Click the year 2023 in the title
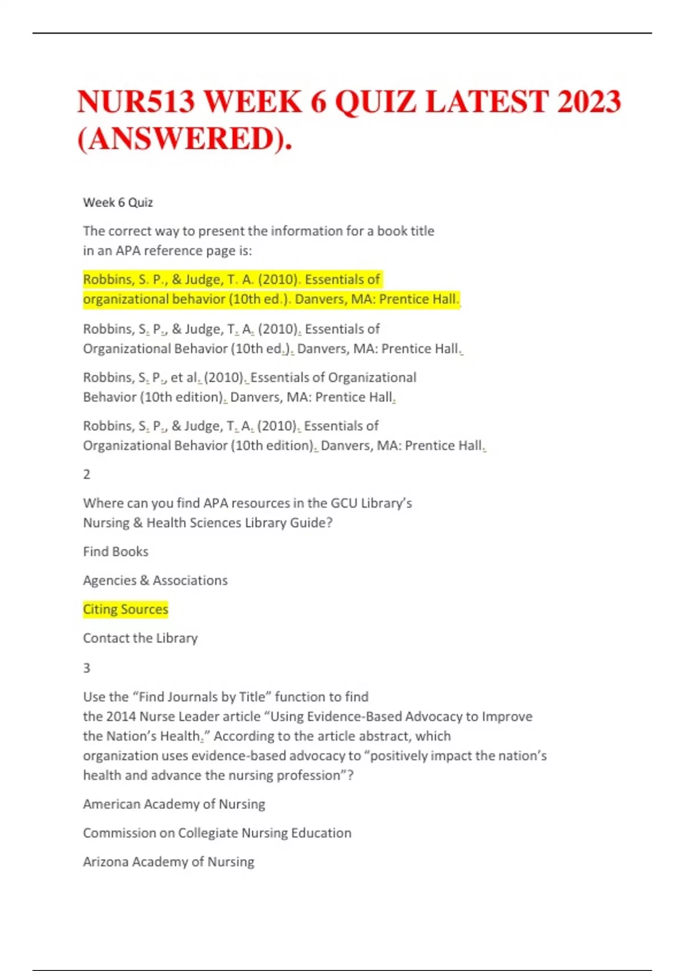pos(589,102)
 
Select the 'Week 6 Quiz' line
pos(118,202)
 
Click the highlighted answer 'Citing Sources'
pos(126,609)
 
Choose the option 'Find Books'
pos(115,551)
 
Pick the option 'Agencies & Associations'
pos(155,580)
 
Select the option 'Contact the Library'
pos(140,638)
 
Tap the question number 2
pos(87,474)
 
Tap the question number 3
pos(87,668)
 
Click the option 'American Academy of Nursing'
pos(174,804)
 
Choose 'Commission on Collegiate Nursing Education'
pos(217,833)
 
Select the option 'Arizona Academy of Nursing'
pos(168,861)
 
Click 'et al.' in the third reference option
pos(184,378)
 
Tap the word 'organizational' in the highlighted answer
pos(126,299)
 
